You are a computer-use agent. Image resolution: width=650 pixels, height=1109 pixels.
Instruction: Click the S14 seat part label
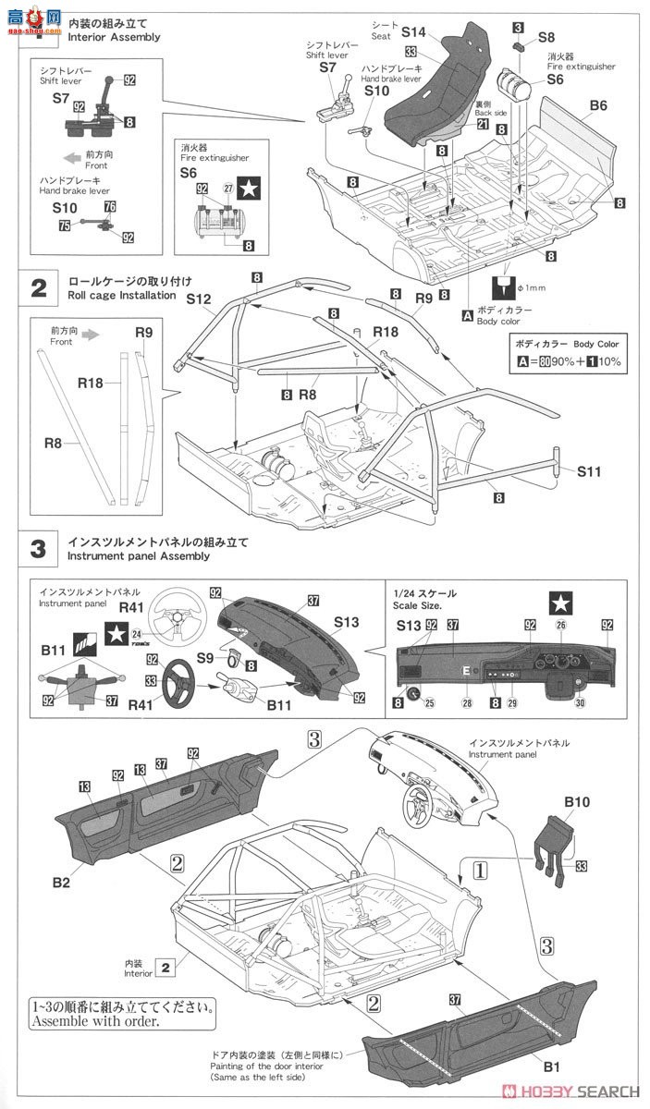pos(415,32)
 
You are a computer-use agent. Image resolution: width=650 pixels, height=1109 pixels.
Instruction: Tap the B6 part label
pos(598,106)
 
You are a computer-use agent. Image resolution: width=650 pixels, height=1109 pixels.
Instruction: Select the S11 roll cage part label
pos(588,471)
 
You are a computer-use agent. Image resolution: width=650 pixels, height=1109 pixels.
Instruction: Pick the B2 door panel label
pos(61,883)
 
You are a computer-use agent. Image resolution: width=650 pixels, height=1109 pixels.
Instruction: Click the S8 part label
pos(546,38)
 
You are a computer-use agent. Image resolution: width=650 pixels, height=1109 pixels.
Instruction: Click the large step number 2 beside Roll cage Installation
pos(39,287)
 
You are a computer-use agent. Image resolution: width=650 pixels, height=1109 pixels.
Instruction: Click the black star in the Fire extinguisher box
pos(249,189)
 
